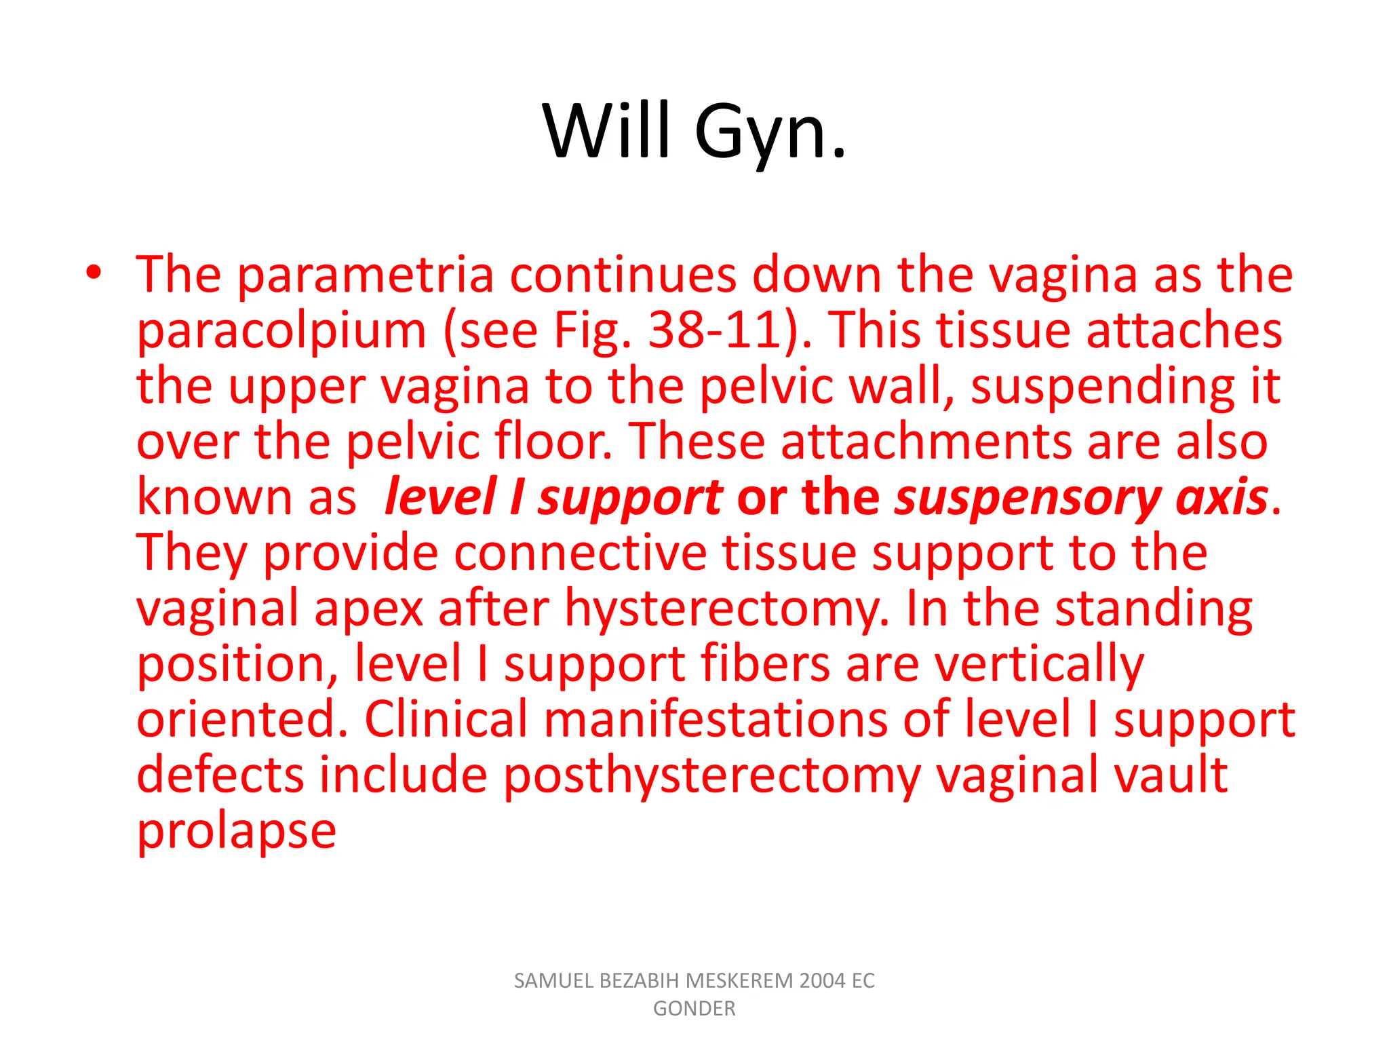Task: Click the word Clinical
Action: coord(446,720)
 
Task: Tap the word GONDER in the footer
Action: coord(694,1009)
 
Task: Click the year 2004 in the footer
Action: coord(822,981)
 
